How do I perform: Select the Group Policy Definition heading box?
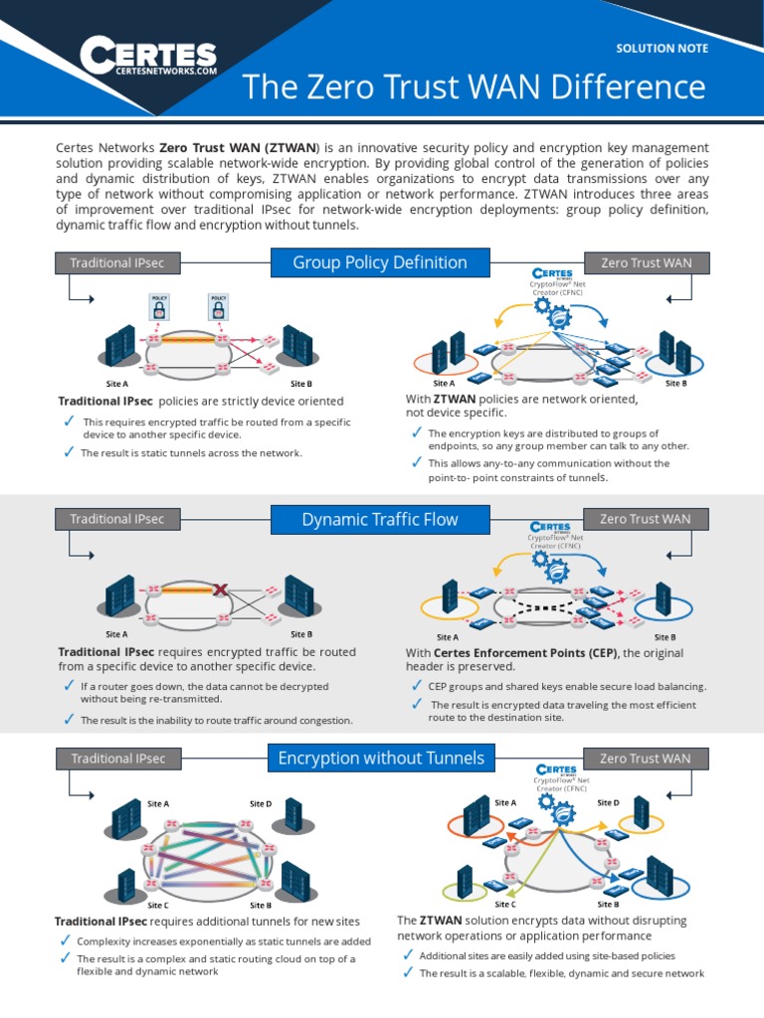[380, 262]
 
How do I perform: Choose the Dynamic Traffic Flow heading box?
[380, 519]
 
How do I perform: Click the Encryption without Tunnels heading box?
[381, 759]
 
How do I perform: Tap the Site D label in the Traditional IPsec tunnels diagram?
[261, 803]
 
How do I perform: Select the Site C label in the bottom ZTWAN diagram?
[505, 905]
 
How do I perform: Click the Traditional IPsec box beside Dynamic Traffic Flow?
[117, 519]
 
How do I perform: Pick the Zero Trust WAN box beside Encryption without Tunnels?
[645, 759]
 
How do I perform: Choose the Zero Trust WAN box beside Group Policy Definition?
[645, 262]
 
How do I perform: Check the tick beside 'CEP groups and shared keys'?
[416, 686]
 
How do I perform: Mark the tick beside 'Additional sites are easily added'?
[408, 955]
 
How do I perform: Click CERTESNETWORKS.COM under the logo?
[166, 72]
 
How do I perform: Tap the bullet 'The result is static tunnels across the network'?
[191, 453]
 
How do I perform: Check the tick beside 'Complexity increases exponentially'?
[65, 940]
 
